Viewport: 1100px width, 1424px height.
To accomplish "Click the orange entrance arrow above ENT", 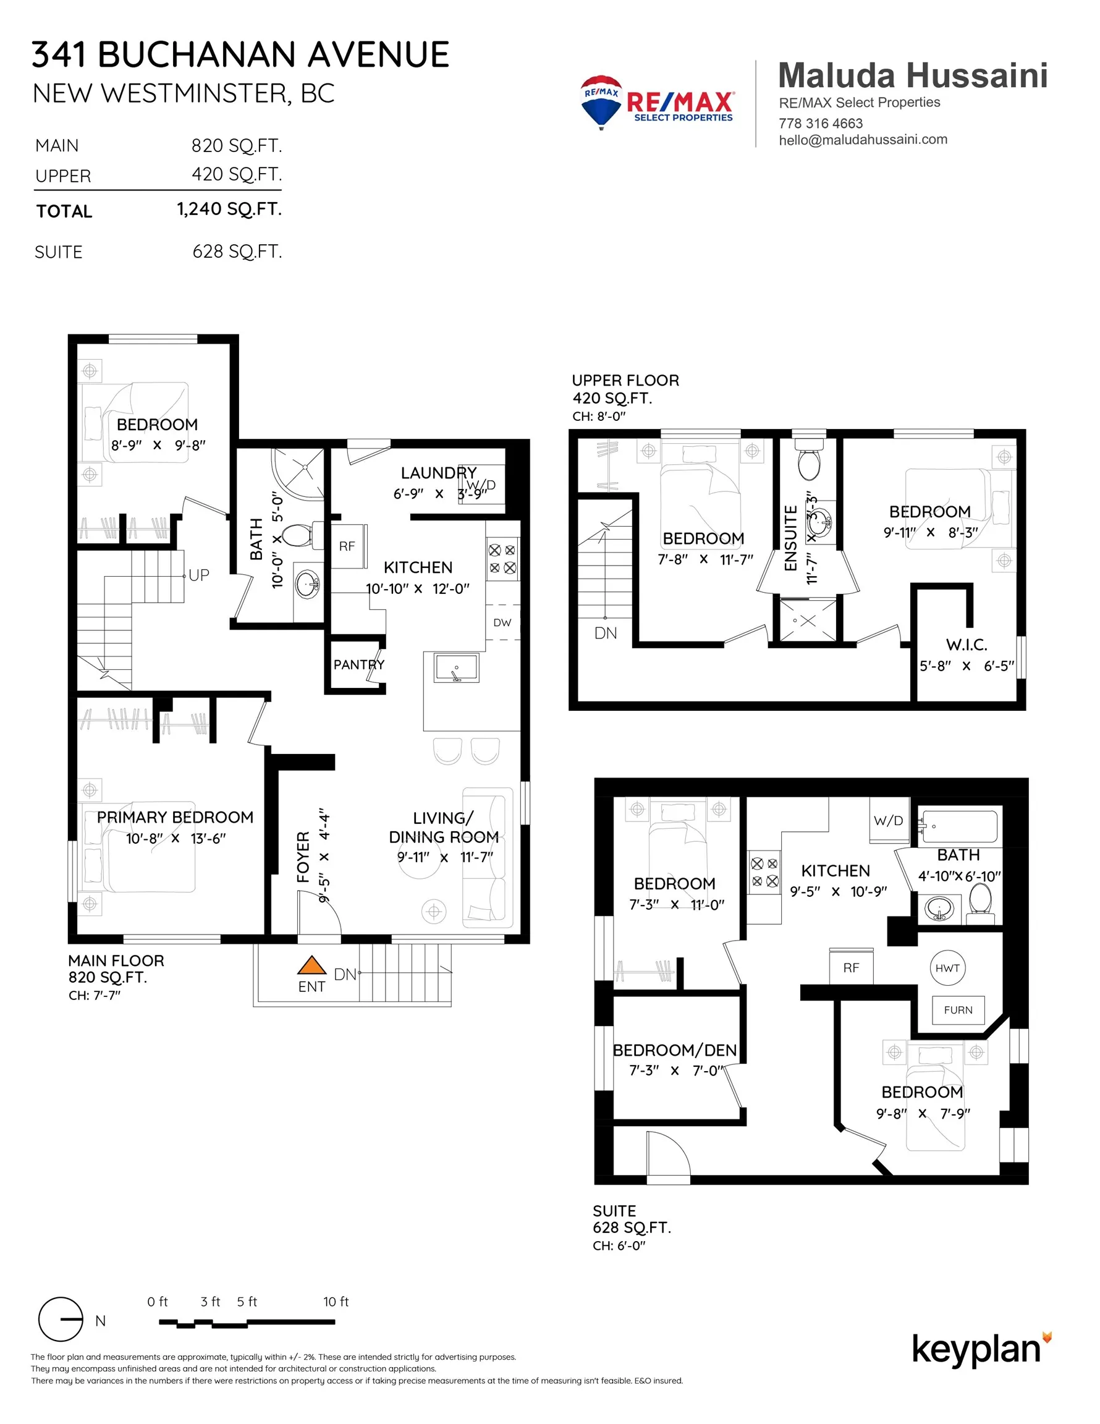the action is tap(311, 965).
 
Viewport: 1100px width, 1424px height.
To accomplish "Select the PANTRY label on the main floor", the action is tap(358, 664).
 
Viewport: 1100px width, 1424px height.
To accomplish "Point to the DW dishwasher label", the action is tap(502, 622).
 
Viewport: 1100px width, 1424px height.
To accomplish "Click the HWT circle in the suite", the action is tap(947, 968).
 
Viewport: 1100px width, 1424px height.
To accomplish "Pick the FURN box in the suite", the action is tap(958, 1010).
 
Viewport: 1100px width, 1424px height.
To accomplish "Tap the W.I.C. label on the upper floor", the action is tap(967, 645).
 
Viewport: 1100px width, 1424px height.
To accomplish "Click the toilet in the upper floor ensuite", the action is tap(809, 458).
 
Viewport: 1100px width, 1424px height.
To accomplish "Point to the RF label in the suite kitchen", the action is tap(851, 968).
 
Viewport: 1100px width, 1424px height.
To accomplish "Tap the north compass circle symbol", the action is tap(61, 1319).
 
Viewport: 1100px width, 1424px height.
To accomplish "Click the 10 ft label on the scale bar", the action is tap(336, 1302).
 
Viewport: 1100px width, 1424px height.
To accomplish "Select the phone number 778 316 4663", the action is tap(820, 123).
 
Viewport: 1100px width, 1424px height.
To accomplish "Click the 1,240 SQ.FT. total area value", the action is tap(229, 210).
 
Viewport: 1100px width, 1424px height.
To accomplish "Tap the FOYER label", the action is tap(303, 857).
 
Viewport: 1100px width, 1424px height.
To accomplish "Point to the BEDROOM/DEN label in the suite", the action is tap(674, 1049).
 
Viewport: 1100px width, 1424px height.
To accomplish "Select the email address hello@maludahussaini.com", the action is tap(863, 140).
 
